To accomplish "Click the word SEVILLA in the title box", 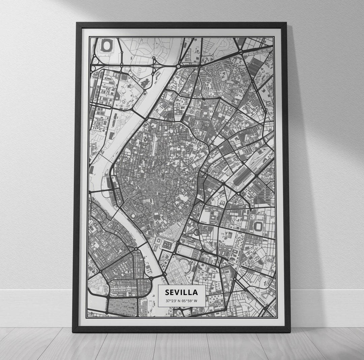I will click(x=181, y=292).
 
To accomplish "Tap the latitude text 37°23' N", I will click(x=172, y=300).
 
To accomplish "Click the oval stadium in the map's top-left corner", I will click(x=107, y=45).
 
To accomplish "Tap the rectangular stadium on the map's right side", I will click(x=259, y=226).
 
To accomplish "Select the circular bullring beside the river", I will click(x=133, y=216).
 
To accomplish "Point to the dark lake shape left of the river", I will click(x=146, y=83).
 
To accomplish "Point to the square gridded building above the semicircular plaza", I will click(x=167, y=244).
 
